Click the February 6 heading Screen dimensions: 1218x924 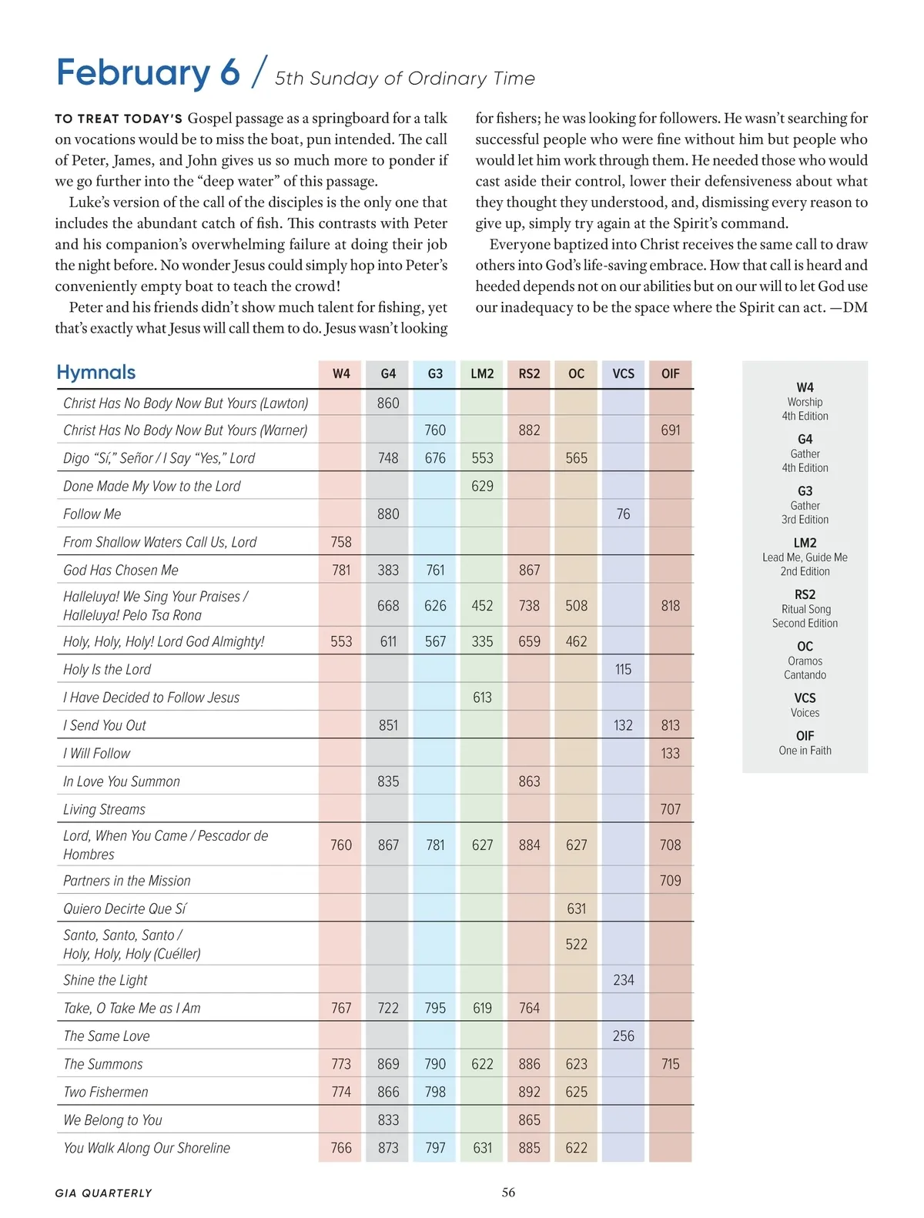(x=148, y=72)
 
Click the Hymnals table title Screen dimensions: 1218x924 (x=96, y=373)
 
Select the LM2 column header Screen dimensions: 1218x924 (x=482, y=373)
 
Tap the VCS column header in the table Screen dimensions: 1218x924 (x=623, y=373)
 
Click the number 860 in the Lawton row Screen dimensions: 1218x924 (x=388, y=403)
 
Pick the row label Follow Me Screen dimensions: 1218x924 (x=92, y=514)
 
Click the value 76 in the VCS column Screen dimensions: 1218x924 (x=623, y=514)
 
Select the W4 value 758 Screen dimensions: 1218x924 (x=341, y=542)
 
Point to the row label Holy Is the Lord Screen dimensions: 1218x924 (x=107, y=670)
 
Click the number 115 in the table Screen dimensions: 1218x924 (x=623, y=670)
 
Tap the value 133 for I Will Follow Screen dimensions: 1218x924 (x=670, y=754)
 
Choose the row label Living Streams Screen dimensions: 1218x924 (x=104, y=810)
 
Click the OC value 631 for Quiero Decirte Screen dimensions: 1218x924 (x=576, y=909)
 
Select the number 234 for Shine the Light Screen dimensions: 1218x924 (x=623, y=980)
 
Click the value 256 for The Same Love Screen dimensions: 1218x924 (x=623, y=1036)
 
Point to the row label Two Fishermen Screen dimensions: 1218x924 (x=105, y=1093)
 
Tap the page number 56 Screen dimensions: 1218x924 (x=508, y=1193)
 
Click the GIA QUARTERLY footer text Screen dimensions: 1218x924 (x=104, y=1193)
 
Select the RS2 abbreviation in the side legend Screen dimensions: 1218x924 (x=805, y=594)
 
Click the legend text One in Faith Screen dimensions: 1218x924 (x=805, y=751)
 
